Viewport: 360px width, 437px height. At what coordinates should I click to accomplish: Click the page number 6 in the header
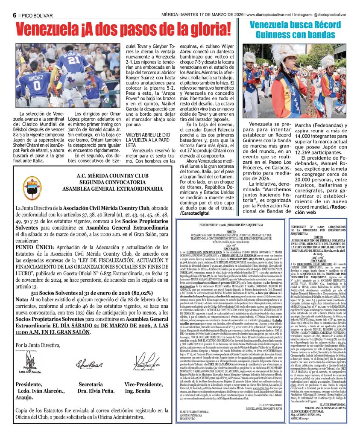[x=15, y=15]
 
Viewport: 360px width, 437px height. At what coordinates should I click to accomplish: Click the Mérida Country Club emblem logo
[x=32, y=188]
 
